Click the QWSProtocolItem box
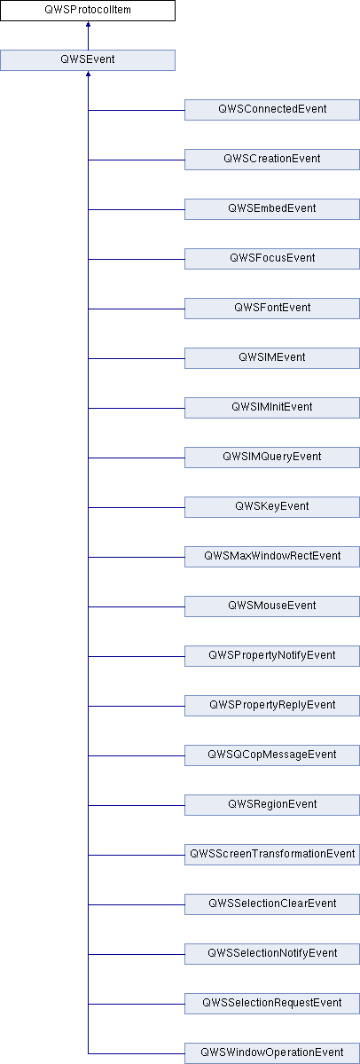pyautogui.click(x=88, y=11)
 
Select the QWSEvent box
pyautogui.click(x=88, y=60)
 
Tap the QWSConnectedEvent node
pyautogui.click(x=272, y=110)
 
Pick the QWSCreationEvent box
pyautogui.click(x=272, y=160)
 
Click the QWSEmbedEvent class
pyautogui.click(x=272, y=209)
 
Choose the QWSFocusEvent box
pyautogui.click(x=272, y=259)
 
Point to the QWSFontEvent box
pyautogui.click(x=272, y=309)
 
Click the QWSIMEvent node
pyautogui.click(x=272, y=358)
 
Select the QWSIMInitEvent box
pyautogui.click(x=272, y=408)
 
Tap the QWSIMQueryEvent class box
pyautogui.click(x=272, y=458)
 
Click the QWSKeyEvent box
pyautogui.click(x=272, y=507)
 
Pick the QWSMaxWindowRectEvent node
pyautogui.click(x=272, y=557)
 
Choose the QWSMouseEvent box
pyautogui.click(x=272, y=606)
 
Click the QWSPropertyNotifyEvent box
pyautogui.click(x=272, y=656)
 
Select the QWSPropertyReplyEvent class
pyautogui.click(x=272, y=706)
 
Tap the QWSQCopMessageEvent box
pyautogui.click(x=272, y=755)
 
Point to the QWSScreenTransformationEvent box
pyautogui.click(x=272, y=855)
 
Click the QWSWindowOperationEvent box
pyautogui.click(x=272, y=1053)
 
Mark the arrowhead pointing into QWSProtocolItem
pyautogui.click(x=88, y=24)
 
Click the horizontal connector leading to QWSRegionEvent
pyautogui.click(x=137, y=805)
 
